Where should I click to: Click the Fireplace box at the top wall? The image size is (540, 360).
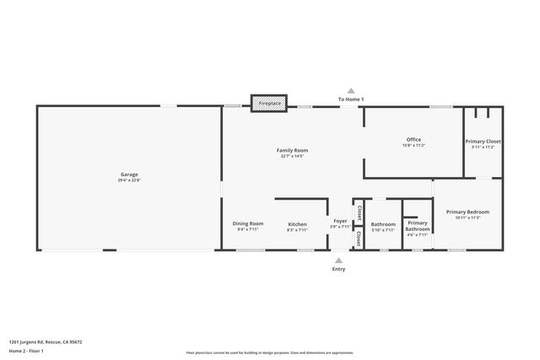269,103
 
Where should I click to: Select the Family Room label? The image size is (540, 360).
293,150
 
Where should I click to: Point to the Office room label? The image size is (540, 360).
413,139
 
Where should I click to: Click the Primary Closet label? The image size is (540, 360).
483,141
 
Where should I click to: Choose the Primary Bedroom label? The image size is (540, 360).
467,212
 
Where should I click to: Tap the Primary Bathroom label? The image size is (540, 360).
418,227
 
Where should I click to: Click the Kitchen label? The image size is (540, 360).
297,223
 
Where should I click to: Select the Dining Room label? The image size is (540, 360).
248,223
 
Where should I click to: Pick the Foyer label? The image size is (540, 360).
340,221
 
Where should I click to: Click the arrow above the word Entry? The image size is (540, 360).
339,260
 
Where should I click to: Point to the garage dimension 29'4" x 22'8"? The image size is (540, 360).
129,180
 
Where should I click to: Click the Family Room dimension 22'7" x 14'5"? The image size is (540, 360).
293,156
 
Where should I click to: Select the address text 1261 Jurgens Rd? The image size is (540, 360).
46,341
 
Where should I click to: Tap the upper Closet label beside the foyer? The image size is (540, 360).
359,211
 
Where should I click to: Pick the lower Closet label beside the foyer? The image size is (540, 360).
359,239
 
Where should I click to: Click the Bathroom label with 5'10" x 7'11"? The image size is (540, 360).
383,224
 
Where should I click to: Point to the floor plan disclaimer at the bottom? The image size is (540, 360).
269,353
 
